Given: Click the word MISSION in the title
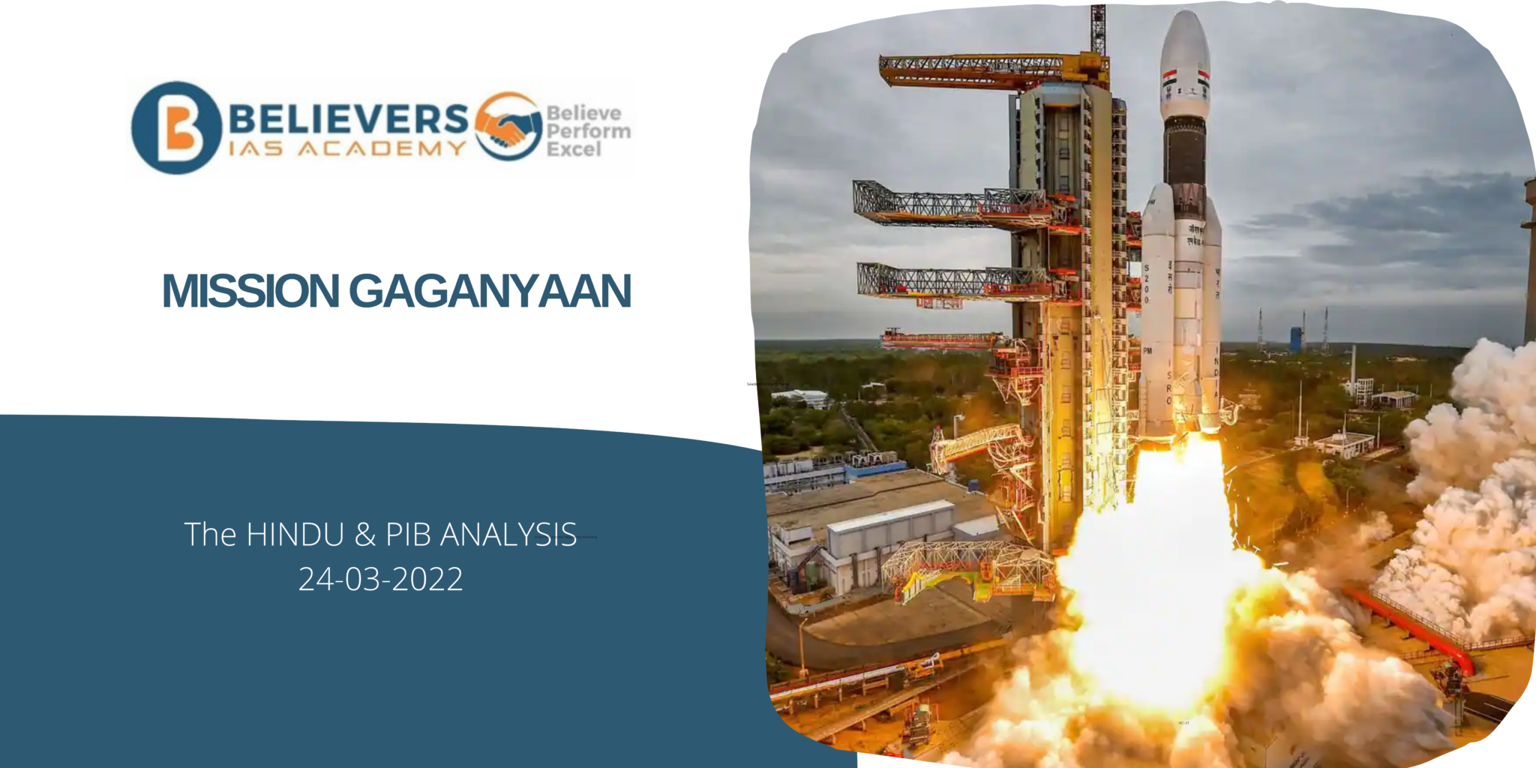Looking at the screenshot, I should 250,291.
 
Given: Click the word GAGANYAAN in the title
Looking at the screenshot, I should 490,291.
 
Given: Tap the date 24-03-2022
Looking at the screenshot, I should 380,579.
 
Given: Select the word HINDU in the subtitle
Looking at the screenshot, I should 295,535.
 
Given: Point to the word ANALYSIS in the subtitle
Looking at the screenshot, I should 508,535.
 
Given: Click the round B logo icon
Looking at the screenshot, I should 176,127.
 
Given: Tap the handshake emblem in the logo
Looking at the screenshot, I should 508,127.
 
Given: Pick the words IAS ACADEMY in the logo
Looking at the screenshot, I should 347,148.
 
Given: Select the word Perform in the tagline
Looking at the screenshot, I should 588,131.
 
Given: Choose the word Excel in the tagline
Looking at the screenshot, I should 574,149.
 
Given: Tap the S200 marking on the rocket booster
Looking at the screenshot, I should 1146,283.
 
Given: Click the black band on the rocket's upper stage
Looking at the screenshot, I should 1185,154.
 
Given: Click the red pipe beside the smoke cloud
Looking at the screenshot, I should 1410,626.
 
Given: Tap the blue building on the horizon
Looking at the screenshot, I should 1296,338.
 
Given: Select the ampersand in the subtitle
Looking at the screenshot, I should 365,535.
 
